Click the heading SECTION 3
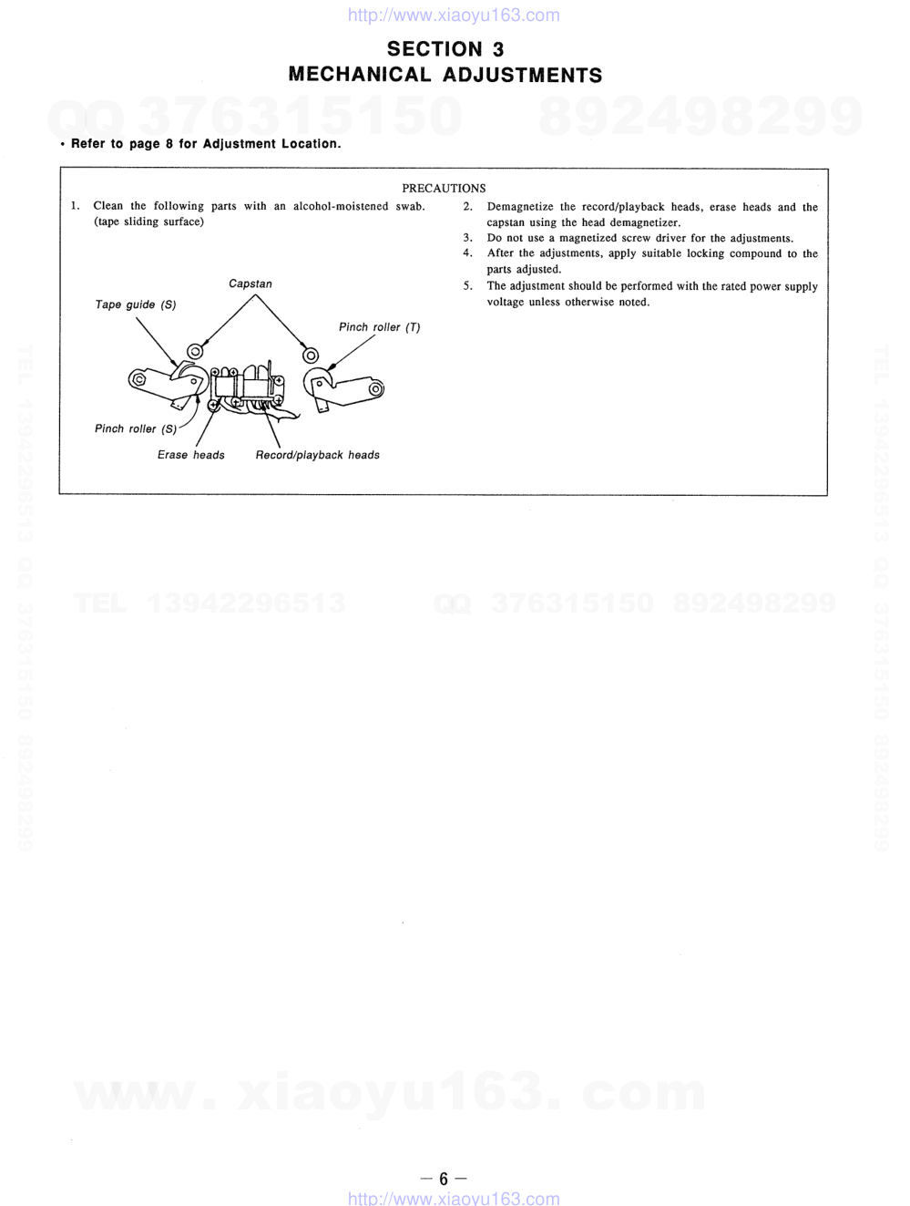tap(445, 49)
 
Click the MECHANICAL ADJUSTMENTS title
tap(445, 75)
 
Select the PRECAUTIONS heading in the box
tap(444, 188)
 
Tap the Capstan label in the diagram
tap(251, 284)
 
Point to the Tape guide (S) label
tap(136, 304)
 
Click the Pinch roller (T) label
tap(379, 327)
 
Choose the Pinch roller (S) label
tap(136, 428)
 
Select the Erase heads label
tap(190, 455)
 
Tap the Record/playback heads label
tap(317, 455)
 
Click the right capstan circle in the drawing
tap(311, 355)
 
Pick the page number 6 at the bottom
tap(444, 1179)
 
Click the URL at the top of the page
tap(454, 15)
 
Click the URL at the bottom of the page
tap(454, 1199)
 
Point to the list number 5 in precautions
tap(466, 286)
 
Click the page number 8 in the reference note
tap(169, 144)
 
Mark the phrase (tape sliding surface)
tap(148, 222)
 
